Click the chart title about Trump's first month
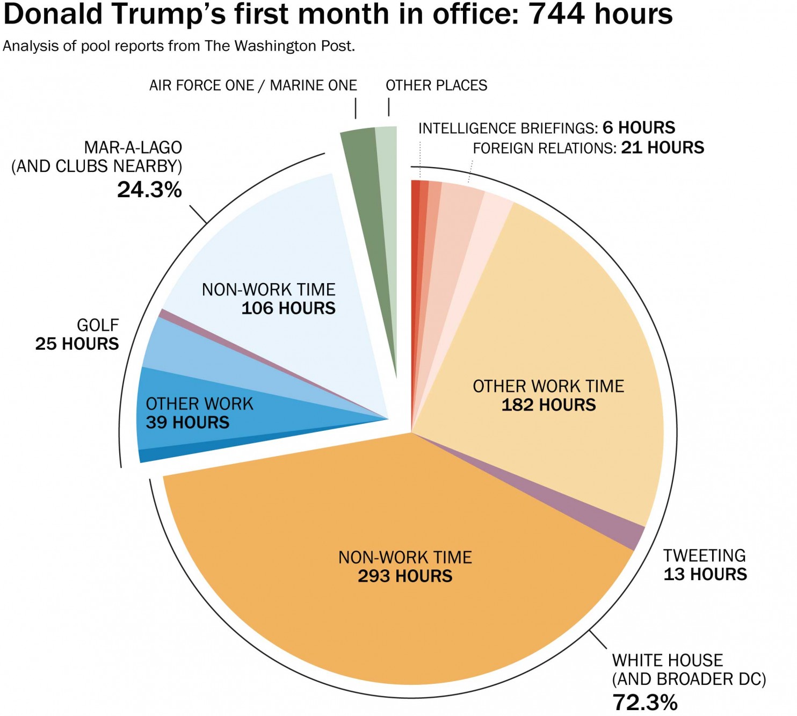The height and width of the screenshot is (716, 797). [x=337, y=15]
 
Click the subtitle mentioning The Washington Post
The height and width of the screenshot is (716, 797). [x=179, y=46]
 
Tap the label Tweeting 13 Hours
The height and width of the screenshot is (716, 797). [x=705, y=565]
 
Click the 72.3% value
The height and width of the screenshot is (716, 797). [x=645, y=702]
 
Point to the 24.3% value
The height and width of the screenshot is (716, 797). [x=149, y=190]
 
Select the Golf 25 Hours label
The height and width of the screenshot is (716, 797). [x=77, y=334]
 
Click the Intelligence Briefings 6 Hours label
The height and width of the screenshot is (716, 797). [x=546, y=128]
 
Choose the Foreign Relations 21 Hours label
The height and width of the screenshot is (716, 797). [x=588, y=148]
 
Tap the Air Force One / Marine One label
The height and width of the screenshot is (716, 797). [x=253, y=85]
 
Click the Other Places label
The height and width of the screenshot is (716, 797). [x=436, y=85]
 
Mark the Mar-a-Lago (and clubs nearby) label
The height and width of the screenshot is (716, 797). [x=97, y=157]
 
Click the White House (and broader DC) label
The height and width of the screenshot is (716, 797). [x=689, y=669]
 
